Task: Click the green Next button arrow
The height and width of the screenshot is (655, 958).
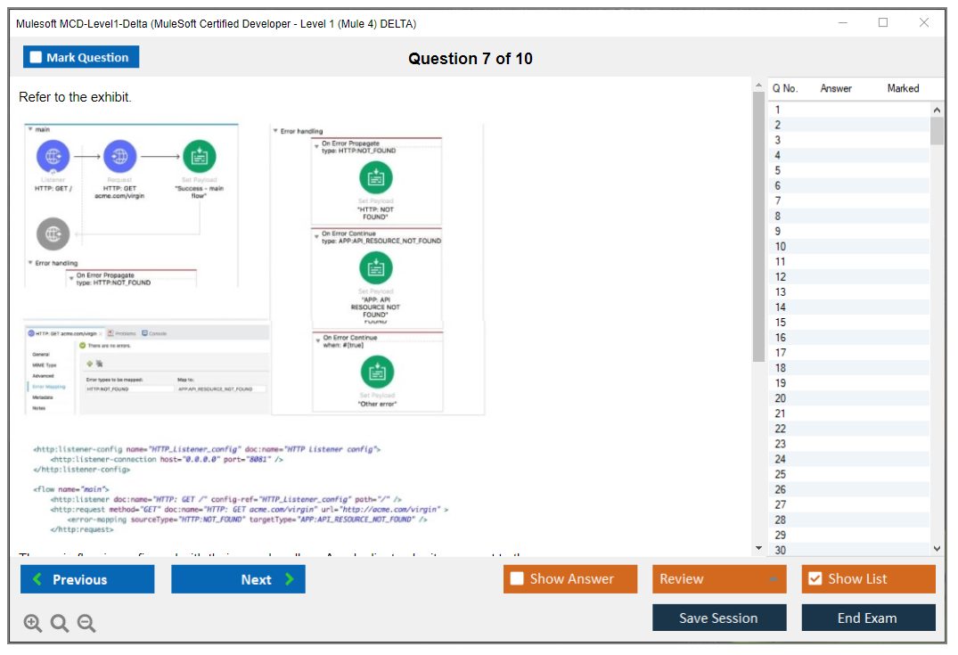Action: tap(290, 579)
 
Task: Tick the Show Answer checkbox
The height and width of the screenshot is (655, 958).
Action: tap(517, 579)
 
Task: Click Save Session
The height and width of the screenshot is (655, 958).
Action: tap(718, 618)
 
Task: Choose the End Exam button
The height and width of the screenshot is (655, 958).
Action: tap(867, 618)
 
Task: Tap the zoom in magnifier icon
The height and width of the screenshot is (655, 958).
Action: tap(33, 623)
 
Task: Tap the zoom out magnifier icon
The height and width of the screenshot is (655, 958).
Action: tap(86, 623)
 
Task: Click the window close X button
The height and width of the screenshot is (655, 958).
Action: tap(924, 23)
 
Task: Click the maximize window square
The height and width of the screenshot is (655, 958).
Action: tap(883, 23)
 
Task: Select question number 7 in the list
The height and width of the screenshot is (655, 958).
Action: tap(778, 201)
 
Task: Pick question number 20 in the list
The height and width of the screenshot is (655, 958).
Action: tap(780, 398)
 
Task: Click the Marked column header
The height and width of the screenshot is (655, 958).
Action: tap(903, 88)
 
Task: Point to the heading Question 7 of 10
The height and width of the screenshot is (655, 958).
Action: tap(471, 59)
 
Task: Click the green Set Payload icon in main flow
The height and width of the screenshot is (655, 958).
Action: tap(199, 157)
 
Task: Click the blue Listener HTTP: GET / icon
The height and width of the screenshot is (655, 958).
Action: tap(53, 157)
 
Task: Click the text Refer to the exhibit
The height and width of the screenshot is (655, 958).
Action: tap(75, 97)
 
